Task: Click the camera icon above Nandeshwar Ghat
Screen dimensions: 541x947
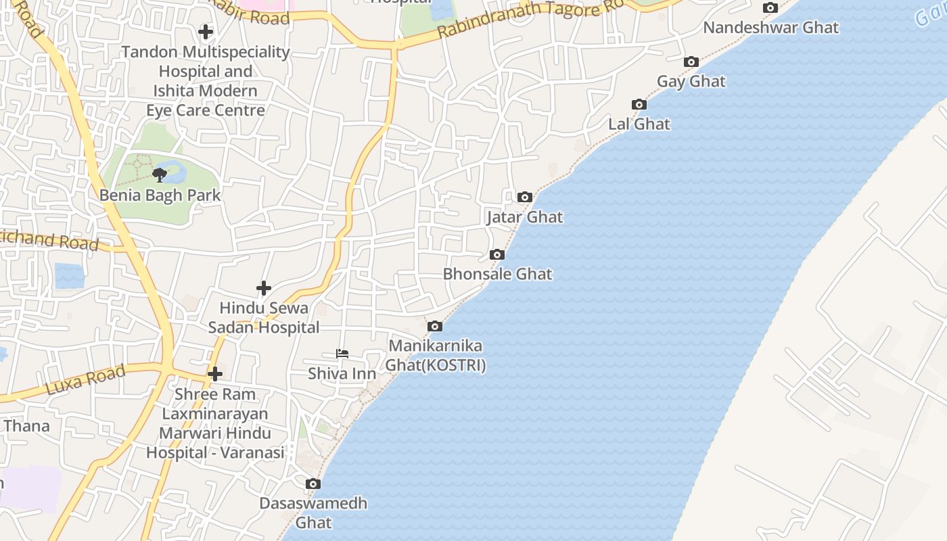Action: (770, 8)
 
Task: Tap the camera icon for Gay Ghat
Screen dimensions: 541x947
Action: (691, 62)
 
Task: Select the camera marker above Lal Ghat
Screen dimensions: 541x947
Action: (639, 105)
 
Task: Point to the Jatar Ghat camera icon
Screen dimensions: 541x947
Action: (524, 197)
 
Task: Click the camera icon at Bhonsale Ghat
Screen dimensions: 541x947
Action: (497, 255)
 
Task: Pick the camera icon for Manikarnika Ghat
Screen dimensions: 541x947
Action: (435, 327)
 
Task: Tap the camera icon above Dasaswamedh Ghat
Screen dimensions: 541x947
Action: (313, 484)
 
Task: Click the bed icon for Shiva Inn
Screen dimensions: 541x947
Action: (342, 354)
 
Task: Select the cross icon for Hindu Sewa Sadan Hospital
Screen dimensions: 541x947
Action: (264, 289)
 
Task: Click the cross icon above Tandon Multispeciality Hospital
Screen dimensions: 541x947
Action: (206, 32)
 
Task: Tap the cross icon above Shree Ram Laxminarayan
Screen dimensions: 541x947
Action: (215, 374)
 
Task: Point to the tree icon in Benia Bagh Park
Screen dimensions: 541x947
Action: (160, 176)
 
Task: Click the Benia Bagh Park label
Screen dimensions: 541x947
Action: (160, 195)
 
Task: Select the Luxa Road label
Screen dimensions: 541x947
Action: (85, 380)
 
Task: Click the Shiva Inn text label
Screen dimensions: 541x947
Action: (342, 373)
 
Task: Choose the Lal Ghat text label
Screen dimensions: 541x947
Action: (639, 124)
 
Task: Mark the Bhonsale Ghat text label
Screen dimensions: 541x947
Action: (497, 274)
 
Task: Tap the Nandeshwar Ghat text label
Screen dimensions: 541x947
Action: (770, 28)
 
